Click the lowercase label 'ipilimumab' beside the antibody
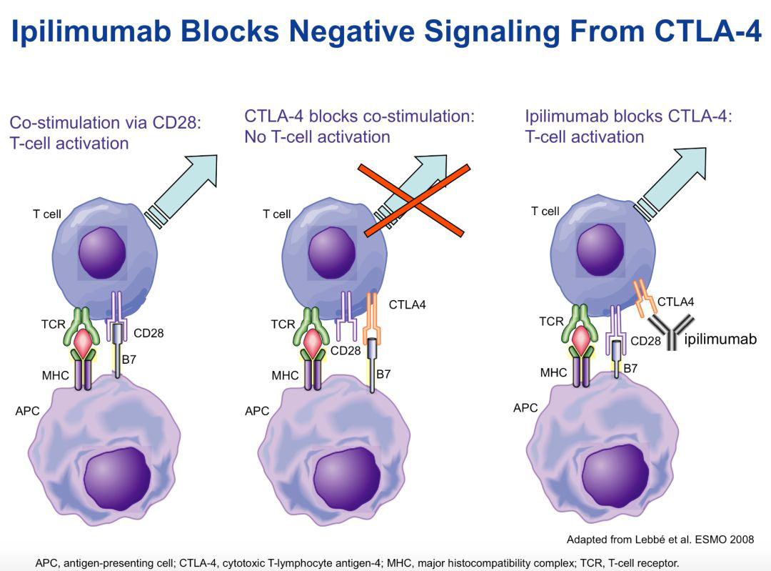(720, 339)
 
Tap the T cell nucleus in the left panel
(102, 254)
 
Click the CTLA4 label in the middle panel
(407, 305)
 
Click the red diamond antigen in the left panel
(84, 344)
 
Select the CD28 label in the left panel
(148, 333)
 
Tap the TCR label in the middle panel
(283, 324)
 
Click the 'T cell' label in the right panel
(545, 211)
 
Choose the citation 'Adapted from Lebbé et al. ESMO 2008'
(660, 539)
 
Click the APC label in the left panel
(27, 411)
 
